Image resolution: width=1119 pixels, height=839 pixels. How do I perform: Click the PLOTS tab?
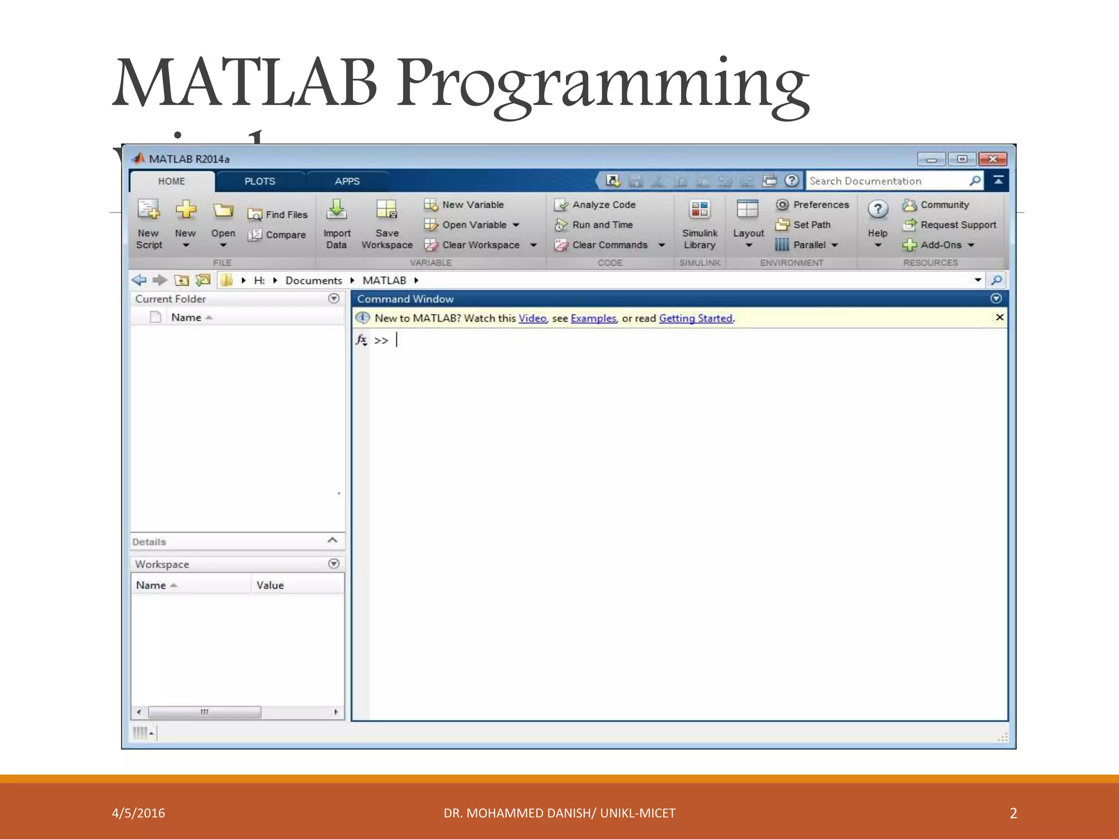point(260,181)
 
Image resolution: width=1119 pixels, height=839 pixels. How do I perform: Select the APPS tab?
point(347,181)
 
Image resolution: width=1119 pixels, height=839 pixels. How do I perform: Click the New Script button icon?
point(149,210)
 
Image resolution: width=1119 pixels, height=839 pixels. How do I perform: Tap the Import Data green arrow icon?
point(337,209)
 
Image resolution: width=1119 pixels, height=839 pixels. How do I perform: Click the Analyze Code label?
point(604,205)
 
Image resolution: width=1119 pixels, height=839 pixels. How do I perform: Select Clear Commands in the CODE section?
point(609,245)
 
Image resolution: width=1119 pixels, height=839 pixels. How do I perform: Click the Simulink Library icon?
point(699,209)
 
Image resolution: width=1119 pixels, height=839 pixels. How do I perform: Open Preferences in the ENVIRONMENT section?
point(821,205)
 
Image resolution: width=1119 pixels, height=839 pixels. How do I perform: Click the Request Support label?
point(958,225)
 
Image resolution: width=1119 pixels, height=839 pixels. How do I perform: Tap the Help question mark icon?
point(877,209)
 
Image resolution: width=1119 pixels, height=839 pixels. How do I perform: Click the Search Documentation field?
point(888,181)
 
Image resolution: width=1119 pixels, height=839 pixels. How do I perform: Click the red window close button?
point(993,159)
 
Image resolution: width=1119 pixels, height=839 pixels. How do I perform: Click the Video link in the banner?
point(532,318)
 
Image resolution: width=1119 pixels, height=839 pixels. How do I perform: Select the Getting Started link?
point(696,318)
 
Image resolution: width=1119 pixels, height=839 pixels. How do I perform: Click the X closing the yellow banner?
point(999,317)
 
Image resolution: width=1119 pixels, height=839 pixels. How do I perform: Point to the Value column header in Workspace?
point(270,586)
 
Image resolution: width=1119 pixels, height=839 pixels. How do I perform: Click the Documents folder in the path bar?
point(314,281)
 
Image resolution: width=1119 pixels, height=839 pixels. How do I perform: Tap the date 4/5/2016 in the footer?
point(138,813)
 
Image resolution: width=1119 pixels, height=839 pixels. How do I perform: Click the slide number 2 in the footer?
point(1013,813)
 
